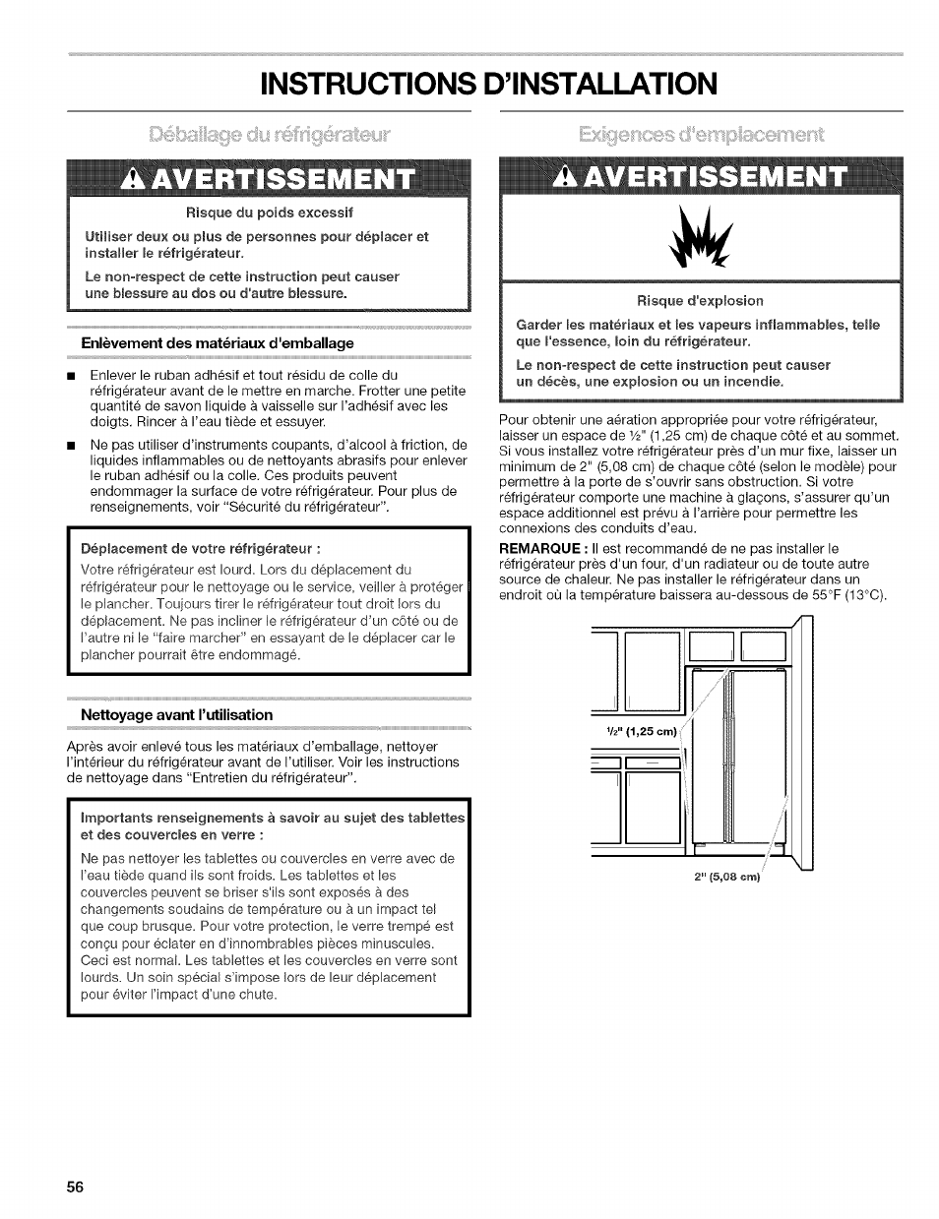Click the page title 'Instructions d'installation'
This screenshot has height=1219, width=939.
tap(469, 83)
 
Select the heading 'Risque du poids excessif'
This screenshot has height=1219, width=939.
tap(270, 212)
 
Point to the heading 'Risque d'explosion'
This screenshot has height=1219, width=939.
tap(700, 300)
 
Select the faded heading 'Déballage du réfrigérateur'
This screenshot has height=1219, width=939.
tap(269, 133)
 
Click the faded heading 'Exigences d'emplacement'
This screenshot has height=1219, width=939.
tap(700, 133)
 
